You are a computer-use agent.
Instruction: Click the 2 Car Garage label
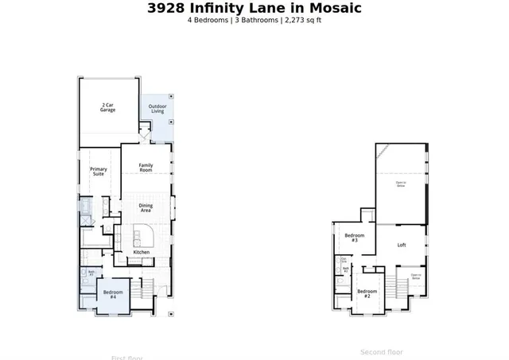(107, 107)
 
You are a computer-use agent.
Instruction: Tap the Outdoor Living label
(157, 109)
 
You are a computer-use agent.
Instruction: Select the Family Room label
(146, 168)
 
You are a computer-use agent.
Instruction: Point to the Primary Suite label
(98, 171)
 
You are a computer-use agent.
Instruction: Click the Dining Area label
(146, 208)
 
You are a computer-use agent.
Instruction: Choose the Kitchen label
(141, 252)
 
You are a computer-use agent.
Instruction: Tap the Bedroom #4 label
(111, 294)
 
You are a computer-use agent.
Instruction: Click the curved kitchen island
(143, 236)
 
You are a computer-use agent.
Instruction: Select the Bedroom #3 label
(355, 238)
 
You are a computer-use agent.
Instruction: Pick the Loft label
(402, 245)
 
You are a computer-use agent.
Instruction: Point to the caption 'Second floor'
(382, 352)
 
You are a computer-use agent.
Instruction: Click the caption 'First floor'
(127, 358)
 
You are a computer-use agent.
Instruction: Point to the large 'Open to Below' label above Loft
(401, 184)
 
